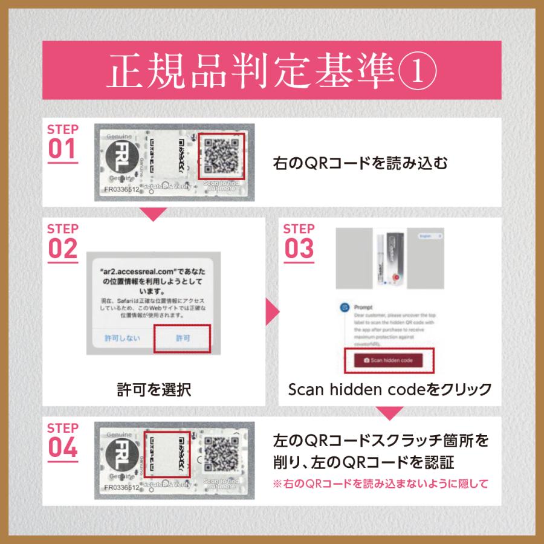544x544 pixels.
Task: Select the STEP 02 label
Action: point(63,242)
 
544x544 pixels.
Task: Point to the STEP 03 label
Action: point(299,242)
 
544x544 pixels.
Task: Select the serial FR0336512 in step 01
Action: point(122,189)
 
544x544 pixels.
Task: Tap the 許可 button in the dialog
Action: point(182,338)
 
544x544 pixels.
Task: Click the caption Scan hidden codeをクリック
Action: point(390,389)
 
